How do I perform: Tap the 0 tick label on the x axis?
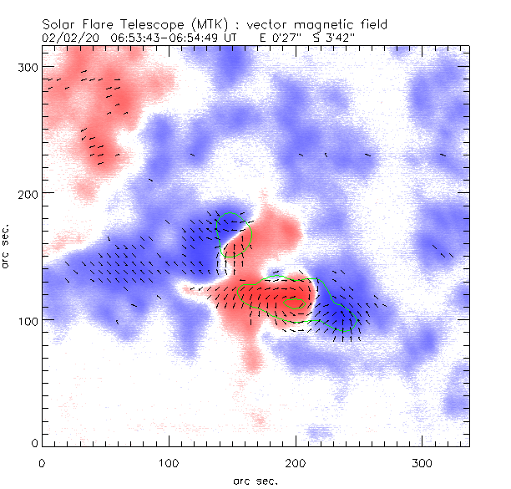42,461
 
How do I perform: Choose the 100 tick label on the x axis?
169,461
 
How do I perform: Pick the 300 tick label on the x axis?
422,461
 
